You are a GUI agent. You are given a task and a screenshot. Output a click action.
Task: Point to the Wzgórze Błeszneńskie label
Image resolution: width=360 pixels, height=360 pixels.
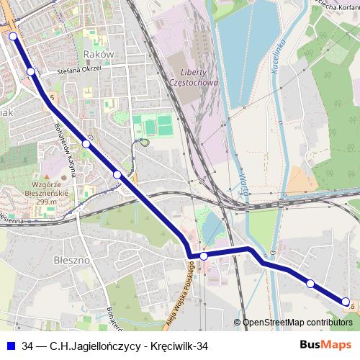[x=46, y=193]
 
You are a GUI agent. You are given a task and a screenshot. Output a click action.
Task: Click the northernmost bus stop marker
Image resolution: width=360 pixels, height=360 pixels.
[x=13, y=35]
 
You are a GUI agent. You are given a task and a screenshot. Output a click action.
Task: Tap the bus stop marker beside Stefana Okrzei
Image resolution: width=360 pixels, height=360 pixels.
[x=30, y=71]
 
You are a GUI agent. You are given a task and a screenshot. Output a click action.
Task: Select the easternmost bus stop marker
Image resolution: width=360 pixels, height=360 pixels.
[x=345, y=302]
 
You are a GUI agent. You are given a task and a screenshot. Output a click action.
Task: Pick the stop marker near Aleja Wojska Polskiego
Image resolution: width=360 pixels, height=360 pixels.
[x=204, y=256]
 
